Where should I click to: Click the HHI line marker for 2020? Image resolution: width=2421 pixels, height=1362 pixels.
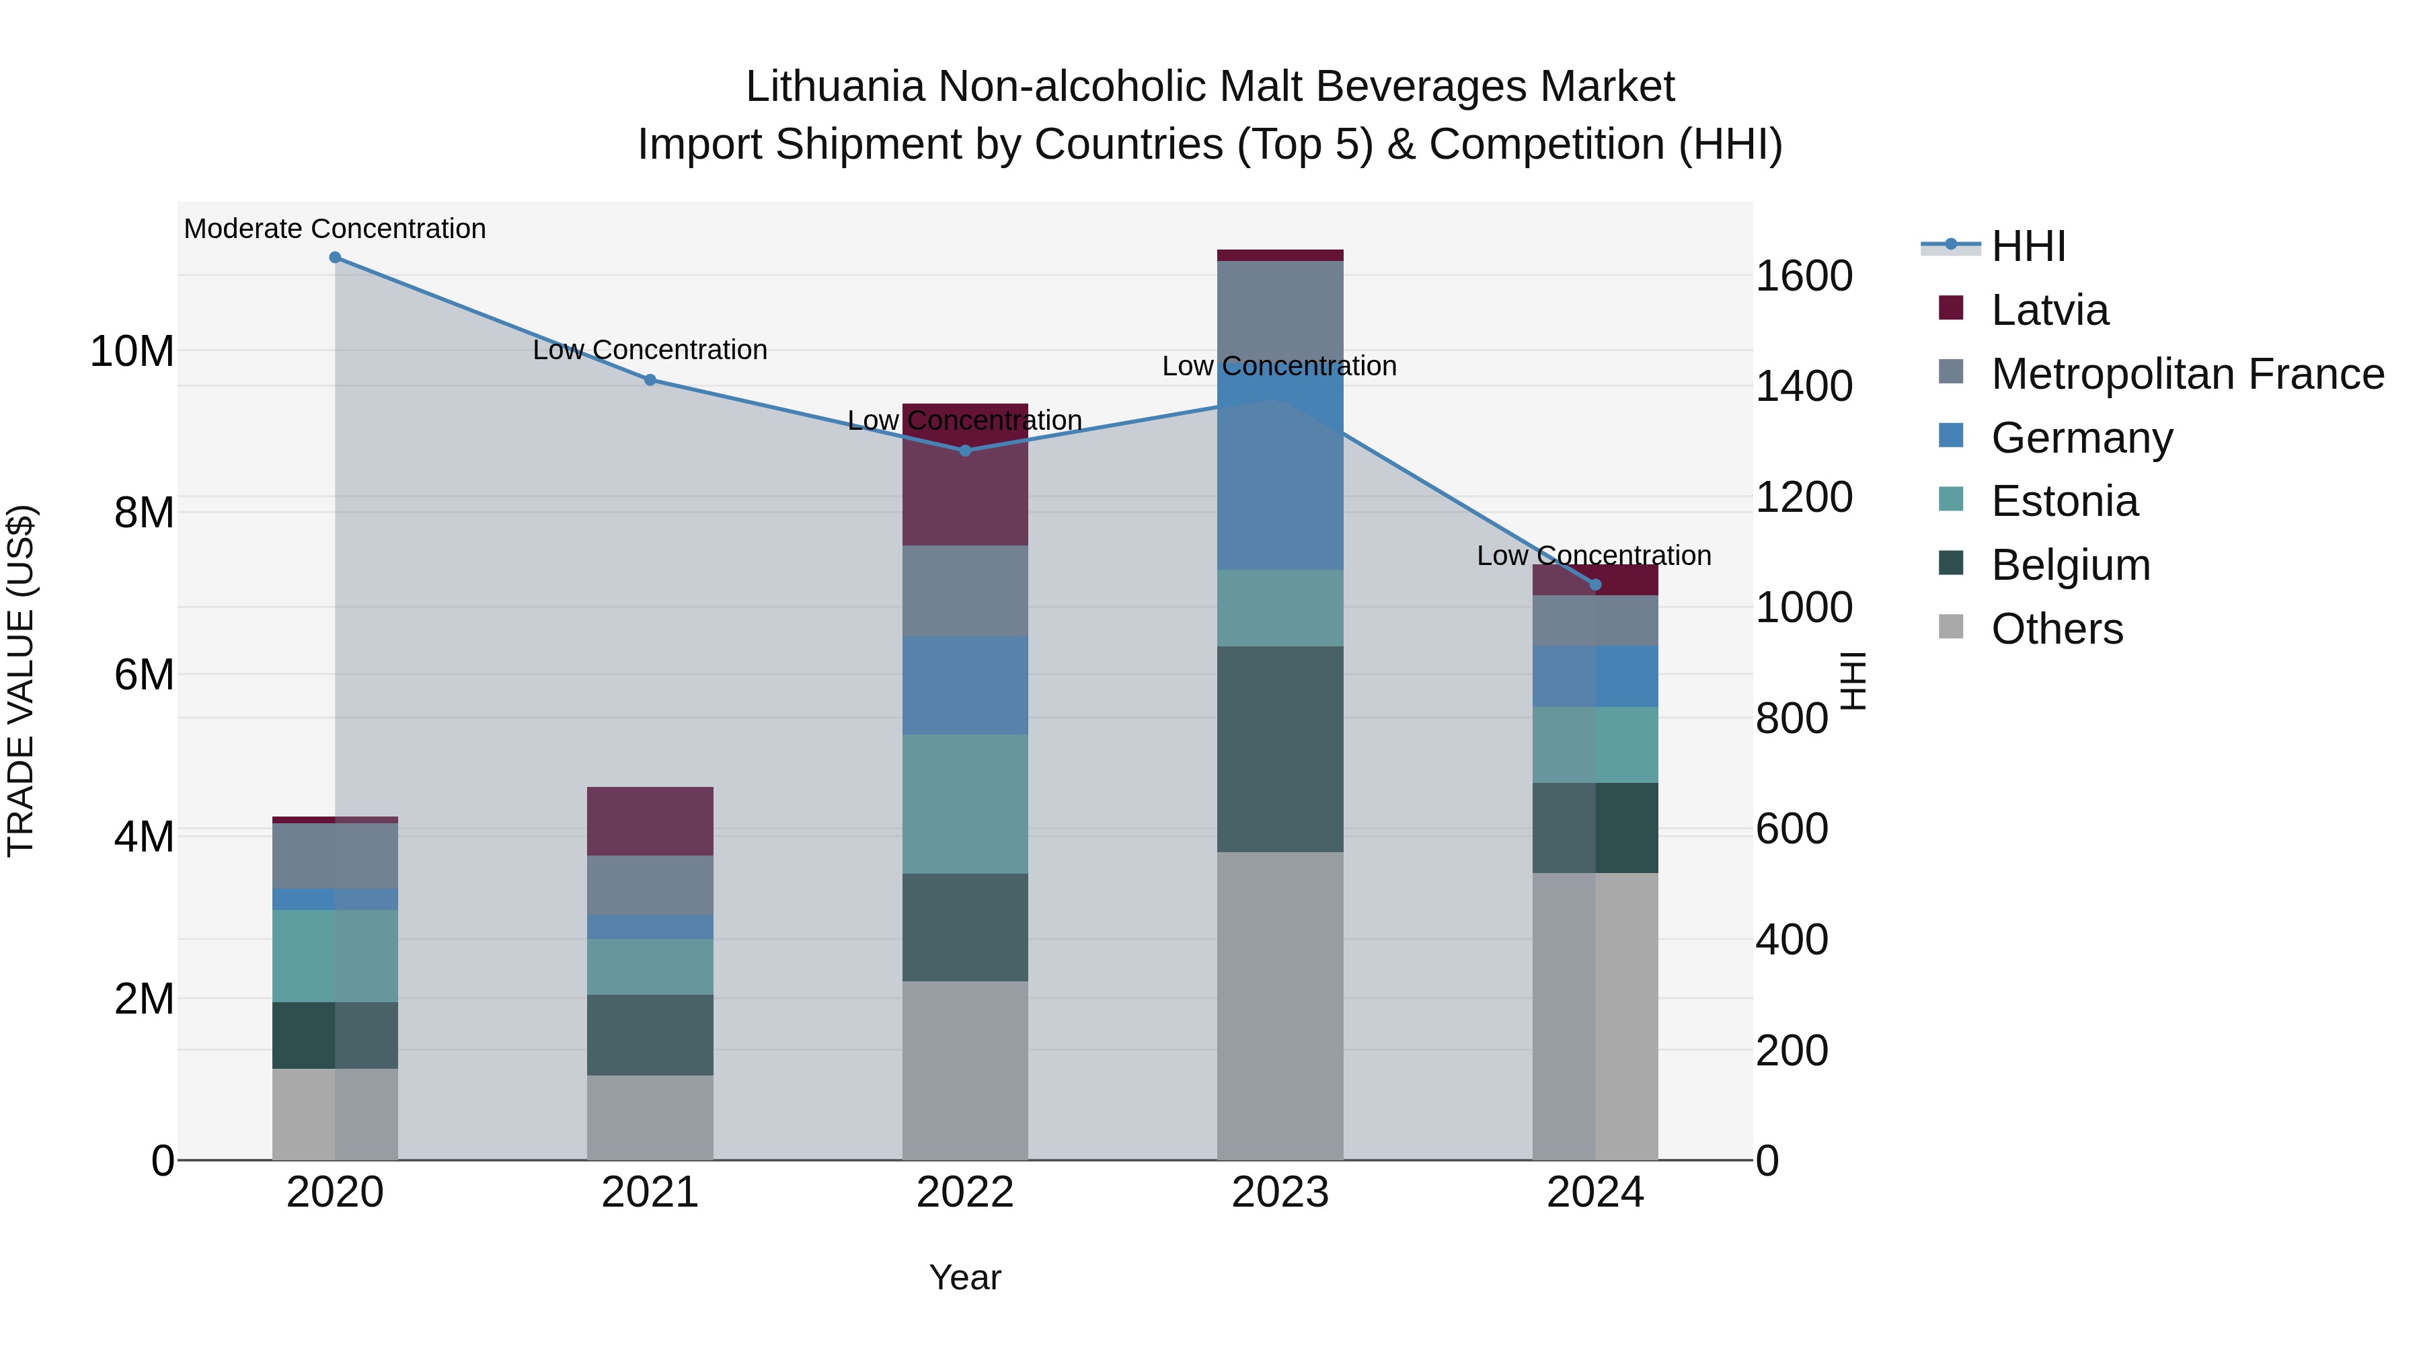click(336, 258)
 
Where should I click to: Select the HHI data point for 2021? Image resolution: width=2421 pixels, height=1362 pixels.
click(650, 380)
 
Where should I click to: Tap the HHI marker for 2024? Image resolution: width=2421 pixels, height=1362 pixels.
click(1595, 584)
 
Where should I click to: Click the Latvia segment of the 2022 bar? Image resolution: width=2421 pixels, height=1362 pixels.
click(965, 475)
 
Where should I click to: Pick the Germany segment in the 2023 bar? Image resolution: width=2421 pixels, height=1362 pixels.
click(1280, 470)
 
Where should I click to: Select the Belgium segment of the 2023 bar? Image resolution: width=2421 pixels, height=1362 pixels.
click(1280, 749)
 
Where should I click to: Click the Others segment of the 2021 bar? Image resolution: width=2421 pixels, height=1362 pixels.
click(650, 1118)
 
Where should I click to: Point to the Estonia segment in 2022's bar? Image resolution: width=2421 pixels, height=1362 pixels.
click(965, 804)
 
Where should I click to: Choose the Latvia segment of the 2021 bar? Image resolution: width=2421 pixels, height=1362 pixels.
click(650, 821)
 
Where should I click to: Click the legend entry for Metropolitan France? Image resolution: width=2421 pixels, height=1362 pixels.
click(2187, 374)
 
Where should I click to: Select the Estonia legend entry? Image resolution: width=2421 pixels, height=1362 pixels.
click(2064, 501)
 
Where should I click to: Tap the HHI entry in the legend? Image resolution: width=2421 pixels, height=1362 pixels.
click(2028, 246)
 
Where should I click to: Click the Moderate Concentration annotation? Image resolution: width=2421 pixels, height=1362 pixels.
click(335, 229)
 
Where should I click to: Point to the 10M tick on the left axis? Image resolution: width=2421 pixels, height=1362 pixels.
click(132, 352)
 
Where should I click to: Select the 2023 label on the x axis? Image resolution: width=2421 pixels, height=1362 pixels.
click(1280, 1193)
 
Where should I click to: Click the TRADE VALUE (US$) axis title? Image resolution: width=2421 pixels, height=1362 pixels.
click(21, 681)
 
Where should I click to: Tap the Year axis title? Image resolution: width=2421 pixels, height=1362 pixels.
click(965, 1277)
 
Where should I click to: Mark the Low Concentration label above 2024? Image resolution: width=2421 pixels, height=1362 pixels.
click(1594, 556)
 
